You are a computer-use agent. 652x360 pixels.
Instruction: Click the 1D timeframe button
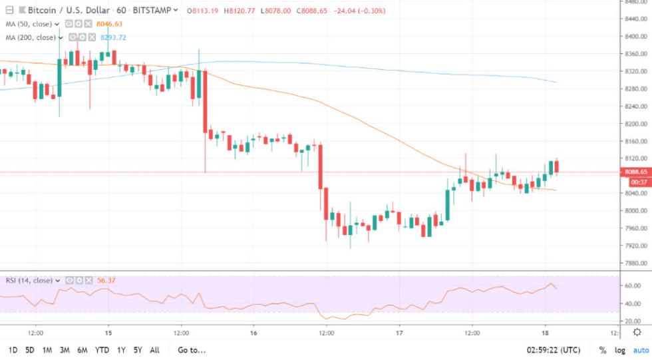click(x=13, y=350)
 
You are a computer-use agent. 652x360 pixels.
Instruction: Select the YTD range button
click(x=102, y=350)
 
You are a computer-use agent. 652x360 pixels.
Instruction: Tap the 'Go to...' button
click(x=192, y=350)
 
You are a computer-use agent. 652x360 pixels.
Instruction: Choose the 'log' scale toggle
click(x=620, y=350)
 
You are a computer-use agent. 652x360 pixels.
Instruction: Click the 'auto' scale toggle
click(x=641, y=350)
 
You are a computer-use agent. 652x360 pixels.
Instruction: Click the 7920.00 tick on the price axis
click(x=636, y=246)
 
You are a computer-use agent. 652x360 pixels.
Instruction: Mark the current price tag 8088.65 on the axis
click(x=637, y=172)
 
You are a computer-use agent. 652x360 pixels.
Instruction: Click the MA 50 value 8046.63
click(x=111, y=25)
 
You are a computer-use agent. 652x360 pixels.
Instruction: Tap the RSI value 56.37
click(x=106, y=280)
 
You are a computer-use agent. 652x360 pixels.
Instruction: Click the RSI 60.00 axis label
click(x=633, y=285)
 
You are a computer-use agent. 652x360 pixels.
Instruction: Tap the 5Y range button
click(x=137, y=350)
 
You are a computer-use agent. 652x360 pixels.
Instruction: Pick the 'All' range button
click(x=155, y=350)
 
